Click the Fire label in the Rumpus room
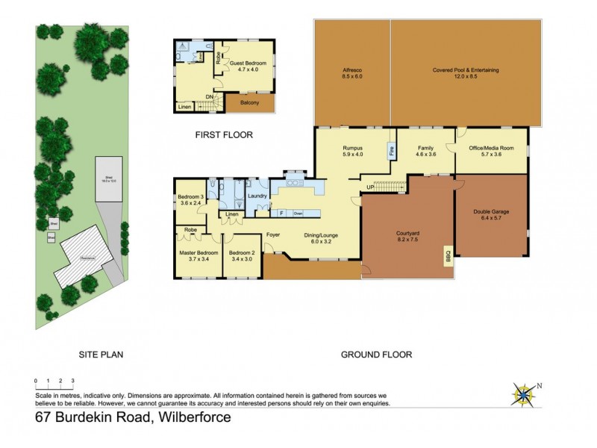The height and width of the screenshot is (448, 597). (390, 151)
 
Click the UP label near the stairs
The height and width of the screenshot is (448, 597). (369, 187)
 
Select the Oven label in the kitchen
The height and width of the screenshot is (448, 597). (298, 213)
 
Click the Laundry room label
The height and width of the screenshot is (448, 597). (257, 196)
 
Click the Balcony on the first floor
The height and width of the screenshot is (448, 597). (249, 103)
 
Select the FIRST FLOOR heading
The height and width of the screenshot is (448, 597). (224, 135)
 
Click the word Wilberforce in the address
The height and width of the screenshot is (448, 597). (192, 417)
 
